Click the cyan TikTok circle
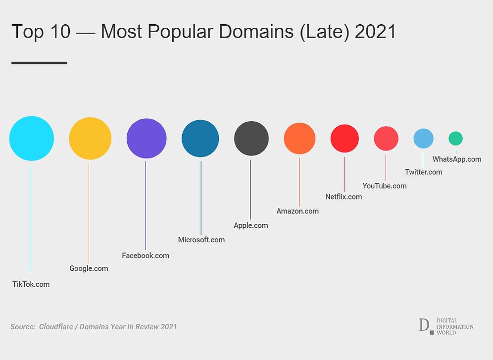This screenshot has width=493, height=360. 31,139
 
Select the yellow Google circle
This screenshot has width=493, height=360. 90,139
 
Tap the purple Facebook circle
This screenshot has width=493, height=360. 147,139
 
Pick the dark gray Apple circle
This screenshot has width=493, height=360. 251,139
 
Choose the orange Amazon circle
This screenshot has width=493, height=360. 299,139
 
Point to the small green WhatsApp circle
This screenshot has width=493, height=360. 455,139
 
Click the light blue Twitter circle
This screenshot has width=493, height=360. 423,139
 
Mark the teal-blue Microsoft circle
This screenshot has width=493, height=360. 200,139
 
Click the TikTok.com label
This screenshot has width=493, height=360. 31,284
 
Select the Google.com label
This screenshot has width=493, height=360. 89,268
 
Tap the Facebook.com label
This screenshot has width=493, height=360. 146,256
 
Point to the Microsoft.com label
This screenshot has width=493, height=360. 201,240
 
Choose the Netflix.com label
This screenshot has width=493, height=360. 344,197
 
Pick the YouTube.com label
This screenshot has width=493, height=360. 385,186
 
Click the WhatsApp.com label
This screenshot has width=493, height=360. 457,159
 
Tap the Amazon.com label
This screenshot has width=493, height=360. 297,211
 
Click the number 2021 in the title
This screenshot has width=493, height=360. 376,32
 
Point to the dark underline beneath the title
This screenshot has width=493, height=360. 39,63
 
